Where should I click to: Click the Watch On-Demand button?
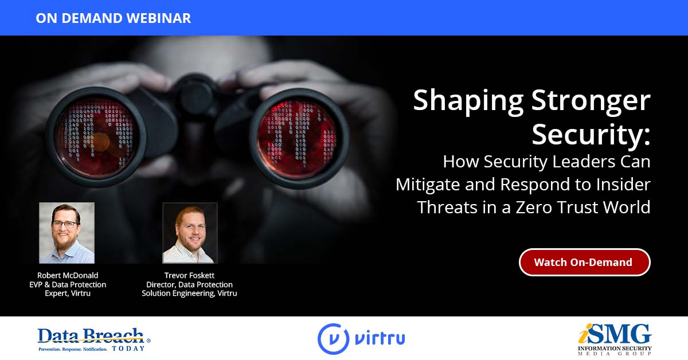point(584,262)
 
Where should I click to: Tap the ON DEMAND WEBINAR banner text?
point(114,18)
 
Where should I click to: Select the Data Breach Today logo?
point(94,340)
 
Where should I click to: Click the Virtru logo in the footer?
point(361,339)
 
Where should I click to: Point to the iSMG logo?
point(615,340)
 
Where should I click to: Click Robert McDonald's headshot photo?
point(67,233)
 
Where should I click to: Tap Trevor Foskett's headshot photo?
point(190,233)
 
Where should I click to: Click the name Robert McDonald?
point(68,275)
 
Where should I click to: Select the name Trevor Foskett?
point(189,275)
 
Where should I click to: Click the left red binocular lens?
point(97,136)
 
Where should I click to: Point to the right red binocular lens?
point(298,138)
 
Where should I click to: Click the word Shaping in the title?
point(468,102)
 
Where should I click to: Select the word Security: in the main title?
point(591,134)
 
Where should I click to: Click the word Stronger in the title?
point(591,102)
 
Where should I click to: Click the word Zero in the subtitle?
point(534,207)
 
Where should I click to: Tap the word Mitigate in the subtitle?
point(428,185)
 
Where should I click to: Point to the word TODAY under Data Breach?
point(128,349)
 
